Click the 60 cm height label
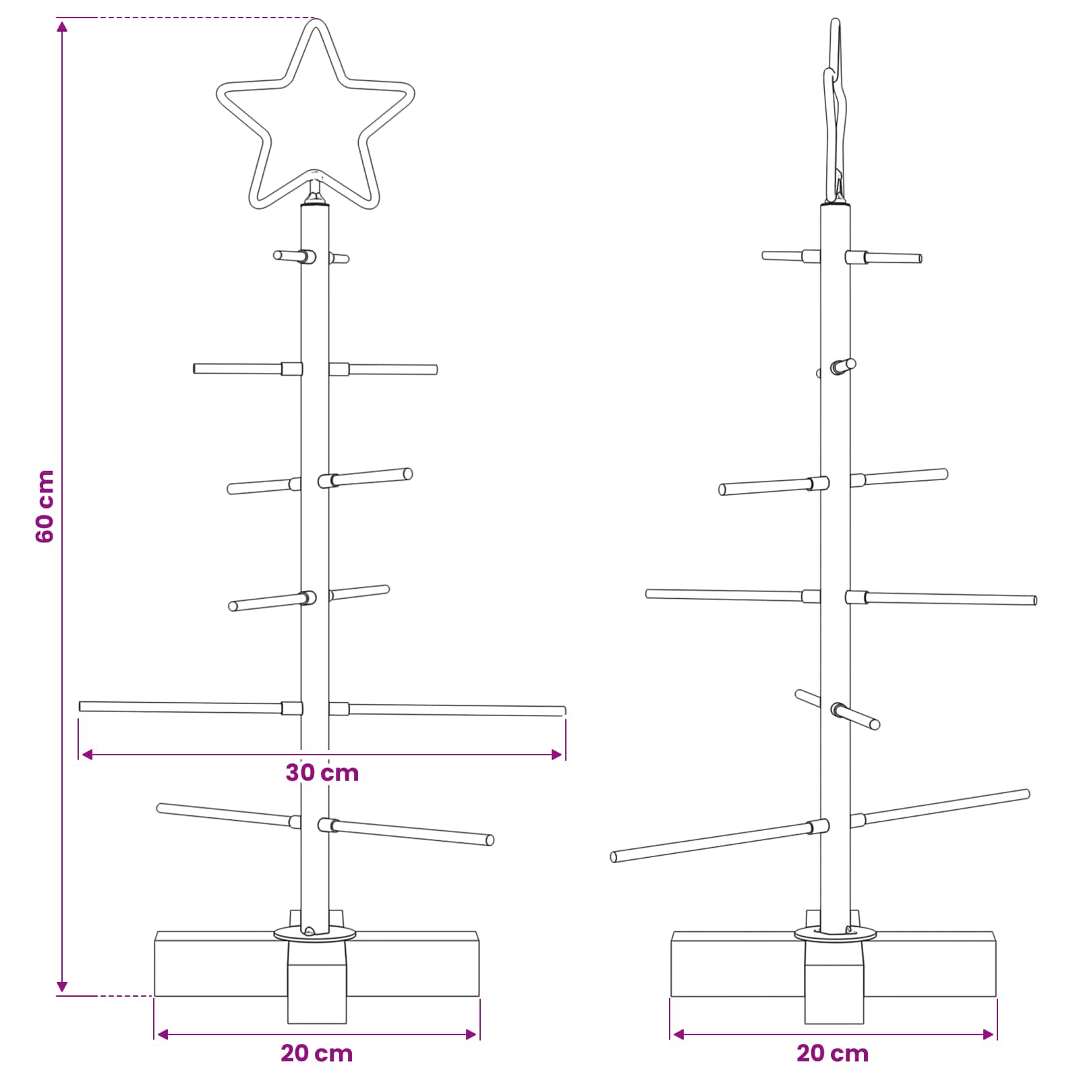click(x=45, y=506)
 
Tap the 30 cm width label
click(x=322, y=773)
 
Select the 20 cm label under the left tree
click(x=317, y=1053)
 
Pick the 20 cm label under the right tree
click(x=833, y=1053)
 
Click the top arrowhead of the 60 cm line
click(x=62, y=26)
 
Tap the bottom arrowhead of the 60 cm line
click(x=62, y=987)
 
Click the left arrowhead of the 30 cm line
click(x=86, y=754)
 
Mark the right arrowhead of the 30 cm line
click(x=557, y=754)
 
